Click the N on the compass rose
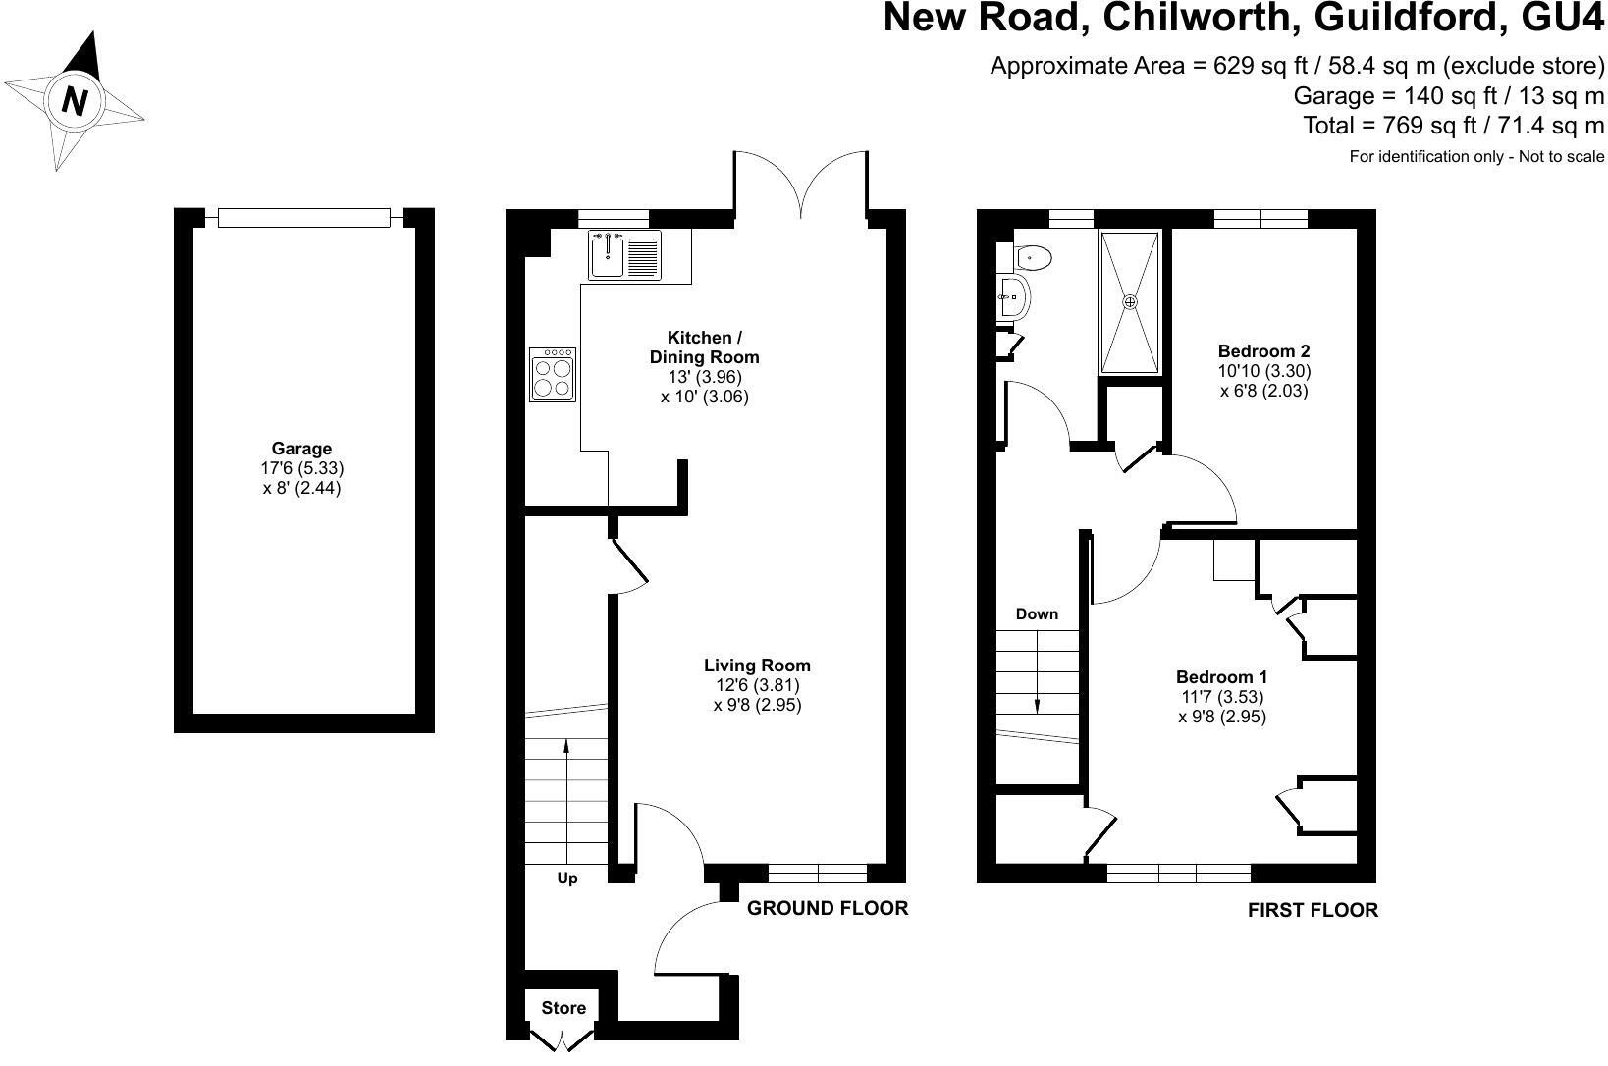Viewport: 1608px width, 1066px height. point(75,100)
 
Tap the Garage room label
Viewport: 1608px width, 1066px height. point(301,449)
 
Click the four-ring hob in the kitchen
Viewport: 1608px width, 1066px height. point(553,374)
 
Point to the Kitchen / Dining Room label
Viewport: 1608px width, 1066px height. point(704,347)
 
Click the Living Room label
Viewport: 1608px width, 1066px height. point(757,666)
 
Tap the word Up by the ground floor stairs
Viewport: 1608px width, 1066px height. point(567,879)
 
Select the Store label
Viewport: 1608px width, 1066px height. point(563,1008)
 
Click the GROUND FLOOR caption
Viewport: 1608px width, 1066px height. point(828,908)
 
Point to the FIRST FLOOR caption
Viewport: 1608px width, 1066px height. point(1313,910)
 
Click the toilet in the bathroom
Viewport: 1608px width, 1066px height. point(1034,256)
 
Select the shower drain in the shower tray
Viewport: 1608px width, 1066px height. point(1130,302)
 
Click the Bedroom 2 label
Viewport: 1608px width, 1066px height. point(1264,351)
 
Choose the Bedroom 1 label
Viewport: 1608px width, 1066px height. point(1222,677)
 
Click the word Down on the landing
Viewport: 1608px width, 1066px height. point(1037,613)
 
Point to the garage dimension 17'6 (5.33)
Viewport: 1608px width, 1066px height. point(302,468)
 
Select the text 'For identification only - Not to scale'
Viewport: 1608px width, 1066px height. point(1476,156)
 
